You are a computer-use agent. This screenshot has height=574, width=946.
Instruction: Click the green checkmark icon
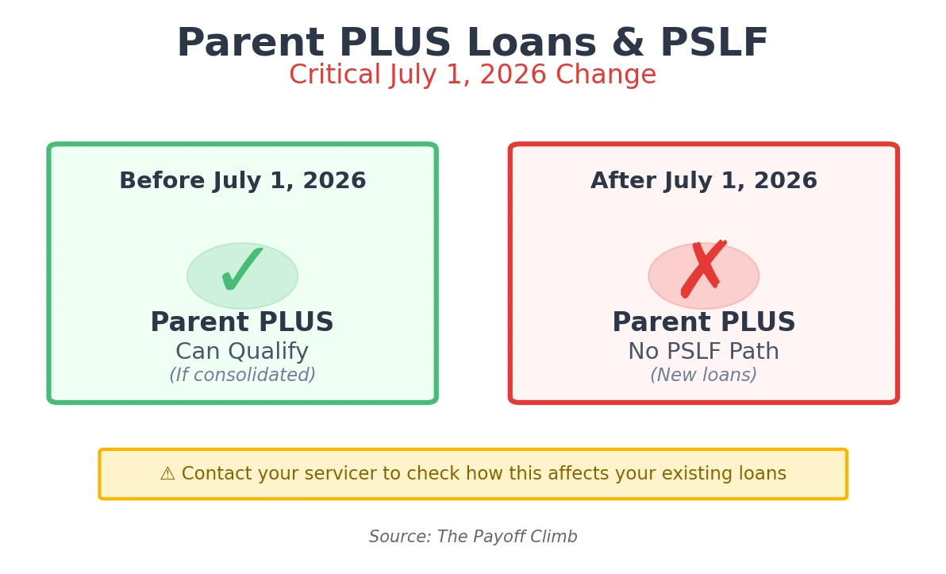242,271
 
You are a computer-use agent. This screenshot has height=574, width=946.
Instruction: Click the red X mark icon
703,269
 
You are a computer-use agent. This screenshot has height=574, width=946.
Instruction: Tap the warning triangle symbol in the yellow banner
167,475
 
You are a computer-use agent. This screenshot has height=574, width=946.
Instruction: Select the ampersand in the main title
627,44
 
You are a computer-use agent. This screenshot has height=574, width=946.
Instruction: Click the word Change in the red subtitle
606,75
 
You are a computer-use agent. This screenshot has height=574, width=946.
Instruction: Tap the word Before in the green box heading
154,181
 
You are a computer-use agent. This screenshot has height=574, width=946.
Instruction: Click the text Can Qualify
242,352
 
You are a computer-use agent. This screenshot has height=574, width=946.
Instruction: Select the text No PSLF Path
703,352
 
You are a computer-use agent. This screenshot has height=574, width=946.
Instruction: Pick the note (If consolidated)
242,376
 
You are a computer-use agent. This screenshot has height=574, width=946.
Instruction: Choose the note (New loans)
703,376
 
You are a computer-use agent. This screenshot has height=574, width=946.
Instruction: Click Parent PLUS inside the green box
242,323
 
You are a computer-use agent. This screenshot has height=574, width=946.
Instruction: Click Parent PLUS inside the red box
703,323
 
